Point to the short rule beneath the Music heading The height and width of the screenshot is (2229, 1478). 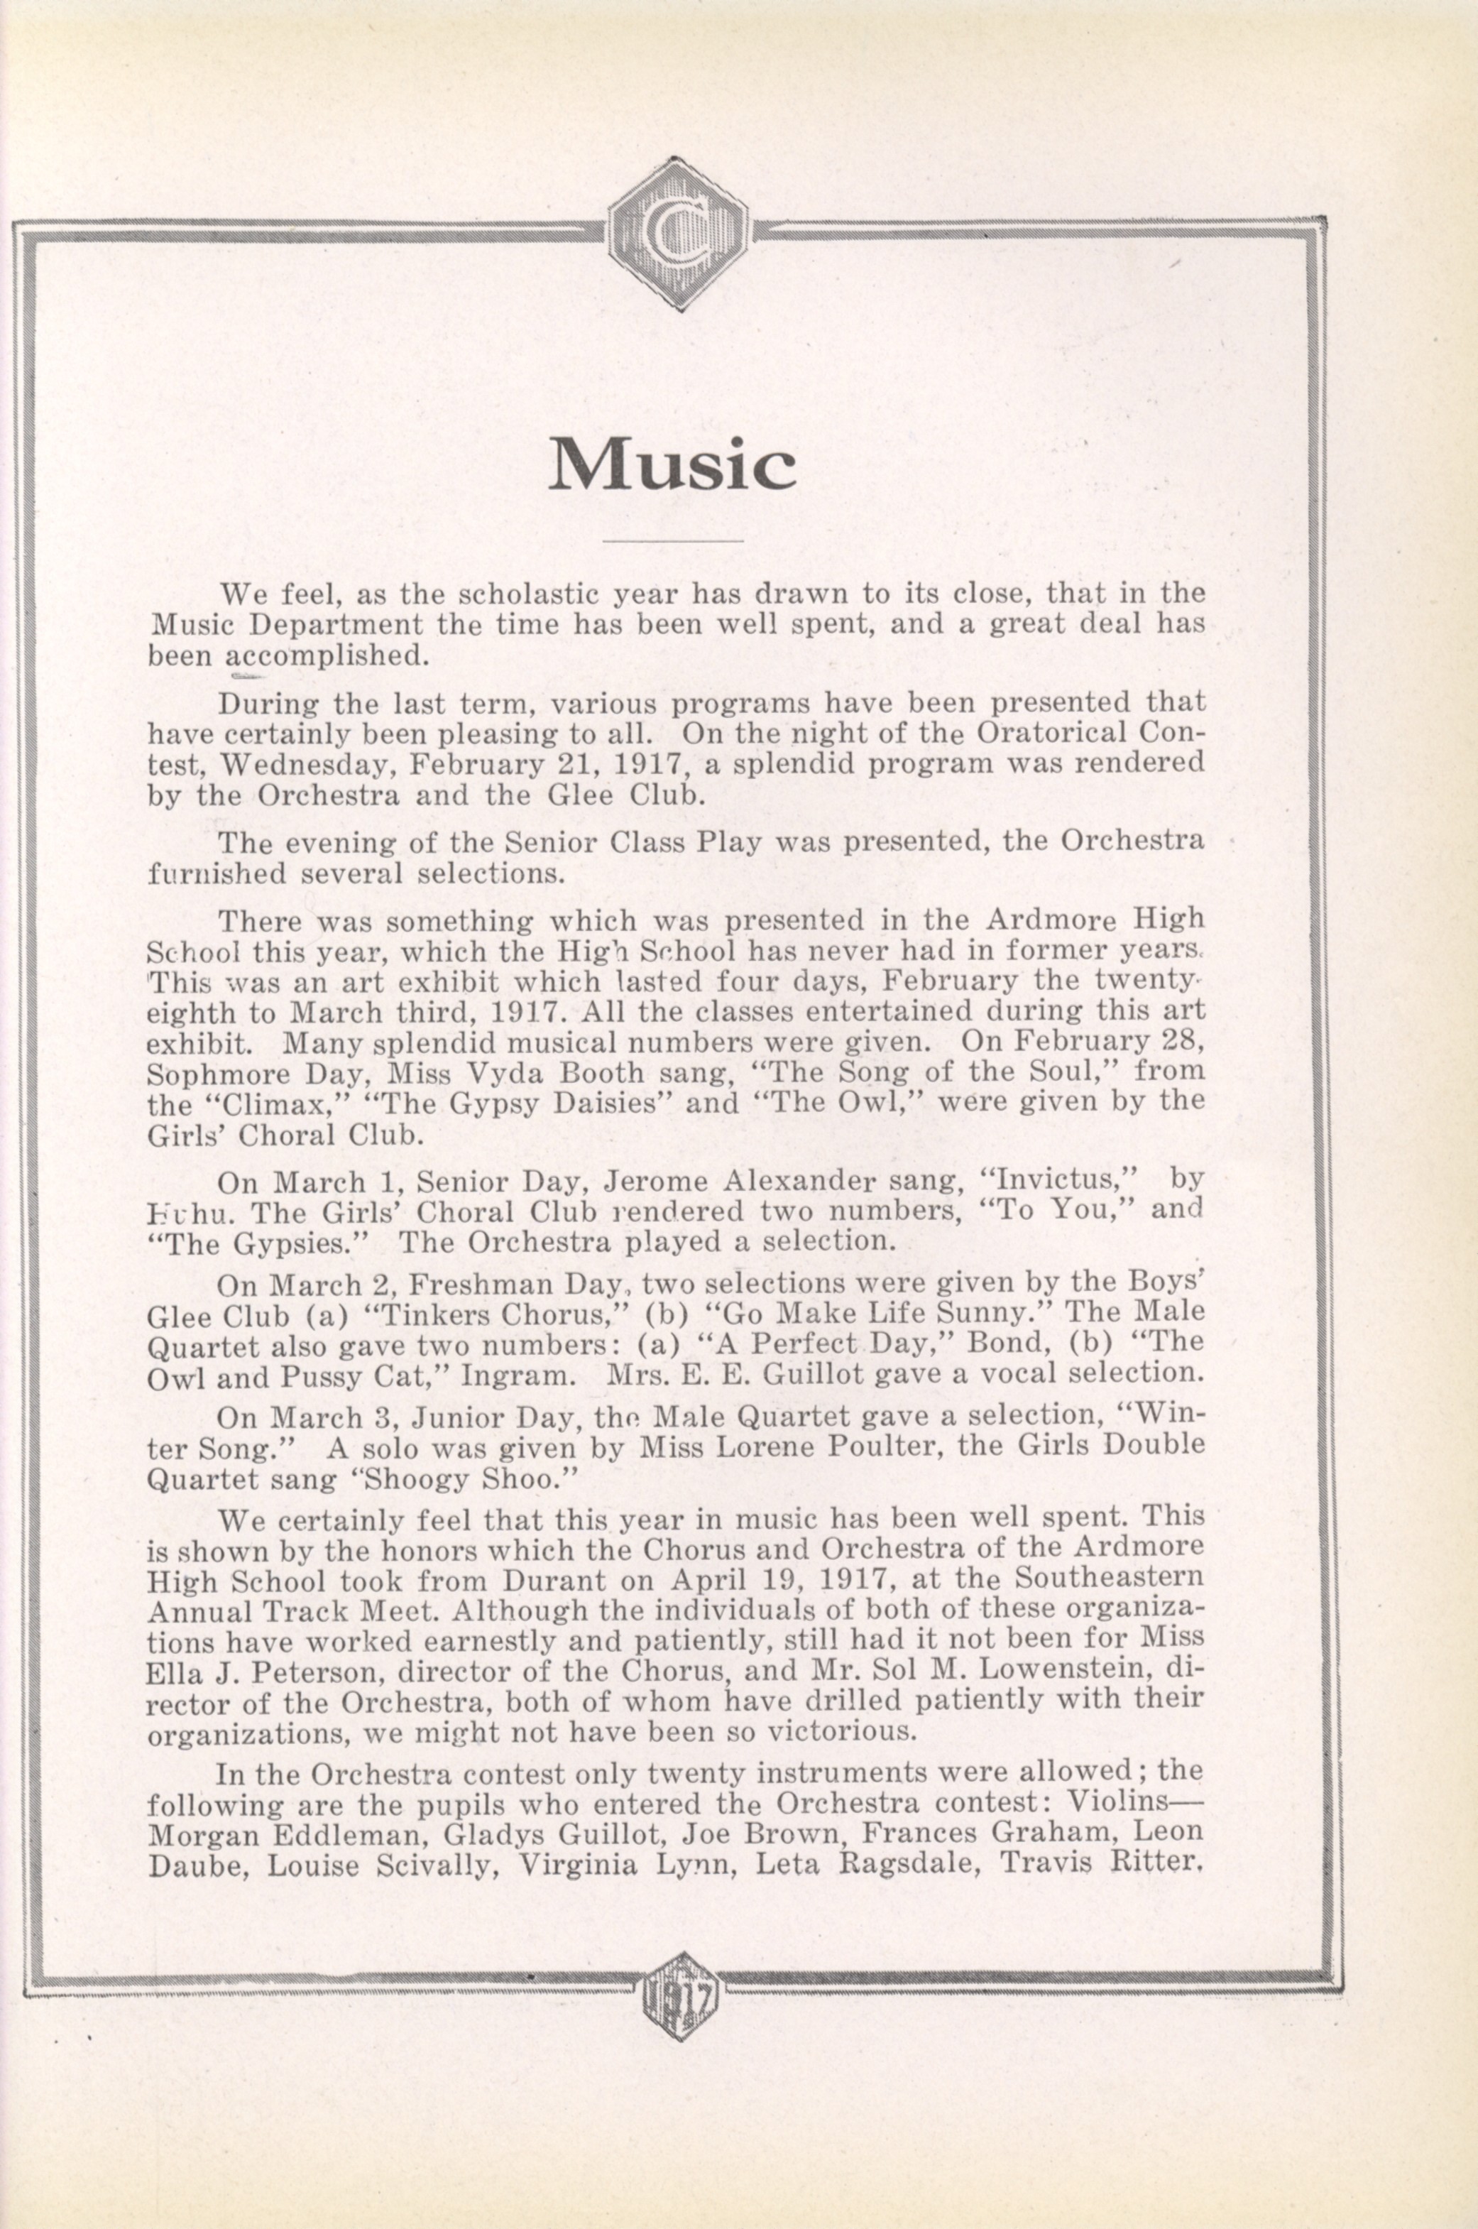pyautogui.click(x=672, y=541)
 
